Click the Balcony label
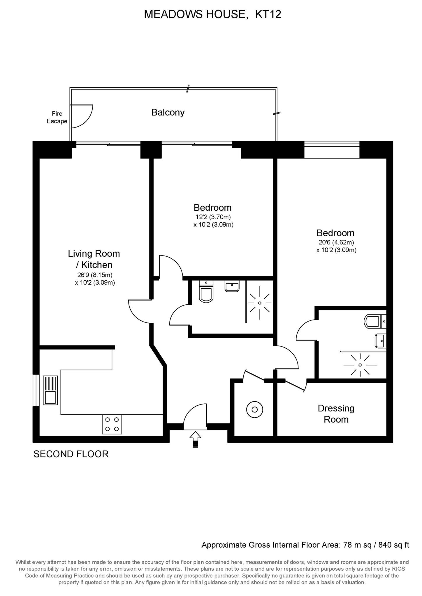point(168,113)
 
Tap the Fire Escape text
point(57,118)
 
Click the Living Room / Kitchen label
point(94,259)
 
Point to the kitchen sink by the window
point(50,390)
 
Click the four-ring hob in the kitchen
point(112,424)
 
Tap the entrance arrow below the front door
point(195,439)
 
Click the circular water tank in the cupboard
point(254,409)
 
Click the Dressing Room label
point(336,414)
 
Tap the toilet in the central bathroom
point(206,292)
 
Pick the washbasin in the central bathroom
point(232,286)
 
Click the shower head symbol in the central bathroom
point(260,303)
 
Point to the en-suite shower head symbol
point(360,365)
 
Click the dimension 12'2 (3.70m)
point(213,217)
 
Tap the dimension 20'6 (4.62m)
point(336,242)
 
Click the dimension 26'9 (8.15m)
point(95,275)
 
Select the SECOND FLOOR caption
point(71,454)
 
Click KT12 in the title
point(268,14)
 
